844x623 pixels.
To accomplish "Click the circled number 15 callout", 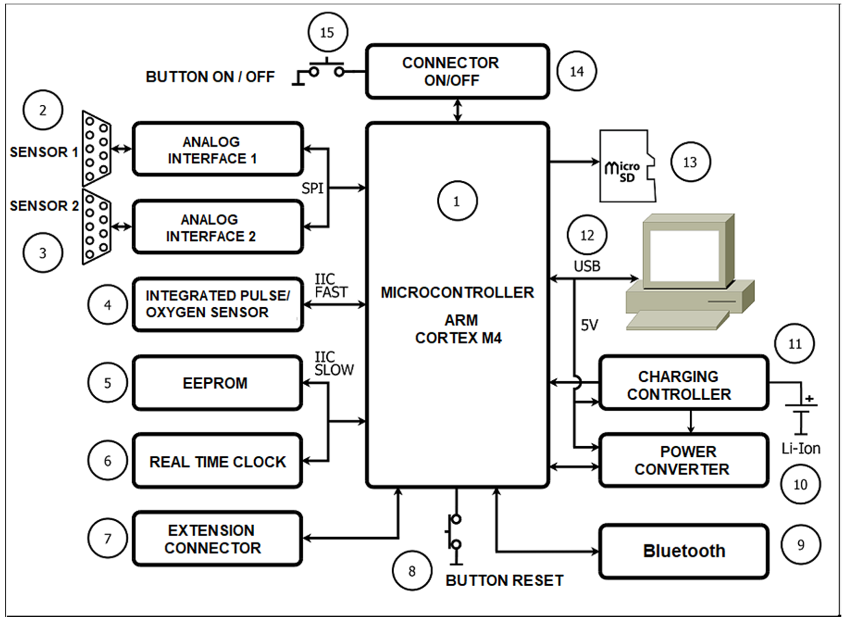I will click(x=327, y=32).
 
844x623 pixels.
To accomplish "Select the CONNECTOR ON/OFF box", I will click(x=457, y=72).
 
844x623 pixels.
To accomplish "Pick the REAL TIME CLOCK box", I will click(x=217, y=461).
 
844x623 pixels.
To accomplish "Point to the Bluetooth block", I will click(x=683, y=551).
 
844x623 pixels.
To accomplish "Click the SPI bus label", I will click(x=312, y=188).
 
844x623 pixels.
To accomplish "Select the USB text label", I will click(x=587, y=266).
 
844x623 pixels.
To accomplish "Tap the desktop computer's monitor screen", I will click(x=684, y=255).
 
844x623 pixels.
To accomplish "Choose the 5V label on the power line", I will click(x=589, y=325).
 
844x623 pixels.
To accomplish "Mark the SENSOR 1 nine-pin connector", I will click(x=96, y=148).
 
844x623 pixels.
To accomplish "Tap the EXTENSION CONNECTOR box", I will click(x=217, y=538).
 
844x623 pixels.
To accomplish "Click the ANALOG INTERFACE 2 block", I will click(x=217, y=227).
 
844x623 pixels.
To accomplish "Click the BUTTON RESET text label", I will click(x=505, y=580).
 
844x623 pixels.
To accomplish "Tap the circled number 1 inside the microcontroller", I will click(x=457, y=201).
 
